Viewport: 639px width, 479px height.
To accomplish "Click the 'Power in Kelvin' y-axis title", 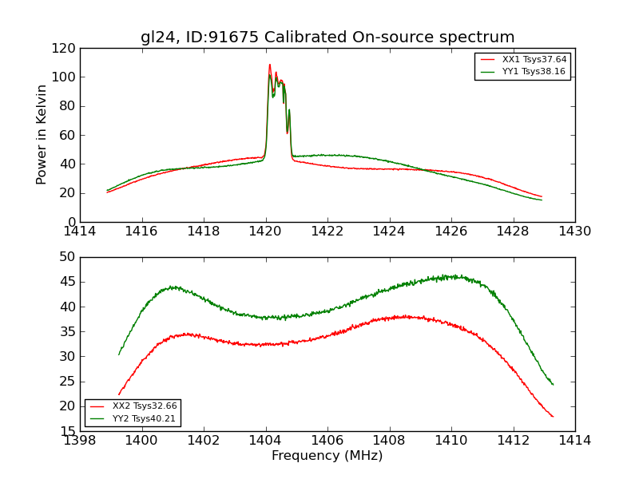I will (x=42, y=134).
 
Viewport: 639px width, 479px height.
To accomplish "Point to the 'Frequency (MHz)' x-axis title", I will (x=327, y=456).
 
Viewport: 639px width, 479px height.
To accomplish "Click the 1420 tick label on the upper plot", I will (x=266, y=232).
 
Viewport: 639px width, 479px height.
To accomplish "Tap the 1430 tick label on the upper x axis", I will (x=575, y=232).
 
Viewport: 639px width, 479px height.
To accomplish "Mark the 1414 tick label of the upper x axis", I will (x=81, y=232).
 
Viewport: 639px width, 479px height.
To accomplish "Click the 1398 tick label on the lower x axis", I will (x=81, y=441).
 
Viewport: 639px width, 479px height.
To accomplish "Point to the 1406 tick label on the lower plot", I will (x=327, y=441).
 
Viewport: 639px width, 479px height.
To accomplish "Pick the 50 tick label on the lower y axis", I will (x=67, y=257).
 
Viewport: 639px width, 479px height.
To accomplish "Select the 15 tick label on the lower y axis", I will (x=67, y=431).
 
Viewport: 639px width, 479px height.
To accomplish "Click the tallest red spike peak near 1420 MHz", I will (x=270, y=65).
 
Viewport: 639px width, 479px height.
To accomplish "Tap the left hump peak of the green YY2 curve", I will (x=172, y=287).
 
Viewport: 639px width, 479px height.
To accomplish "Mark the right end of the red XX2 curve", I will (x=553, y=417).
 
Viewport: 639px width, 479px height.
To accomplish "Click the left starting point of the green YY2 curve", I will (x=119, y=354).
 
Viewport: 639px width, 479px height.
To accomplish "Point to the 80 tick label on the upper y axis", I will (x=67, y=106).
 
